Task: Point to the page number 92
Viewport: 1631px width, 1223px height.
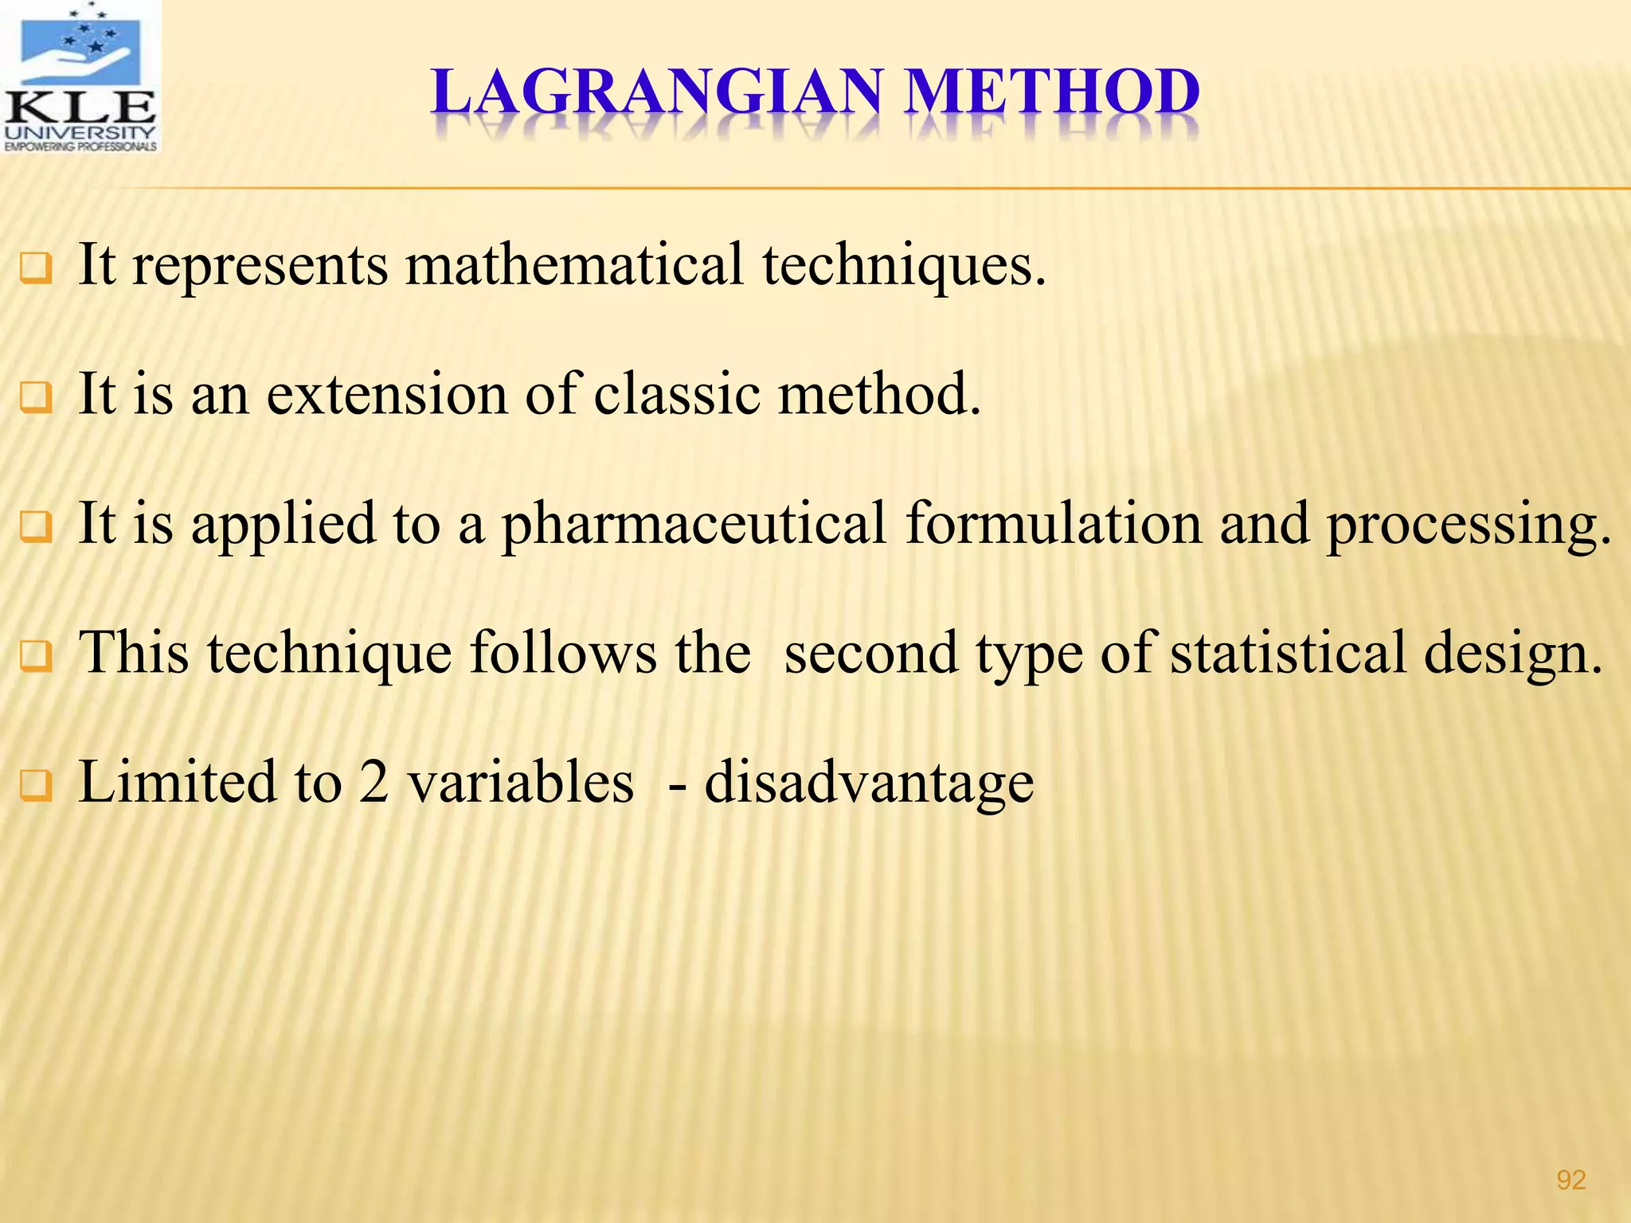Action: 1570,1179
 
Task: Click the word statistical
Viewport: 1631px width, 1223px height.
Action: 1288,653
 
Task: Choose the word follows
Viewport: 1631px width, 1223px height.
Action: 561,653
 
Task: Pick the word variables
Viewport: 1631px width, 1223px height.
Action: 521,782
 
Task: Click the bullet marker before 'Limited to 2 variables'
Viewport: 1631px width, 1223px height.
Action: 36,785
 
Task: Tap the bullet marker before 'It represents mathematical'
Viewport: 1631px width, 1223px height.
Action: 36,268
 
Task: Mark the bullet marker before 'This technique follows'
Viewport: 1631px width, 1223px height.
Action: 36,656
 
